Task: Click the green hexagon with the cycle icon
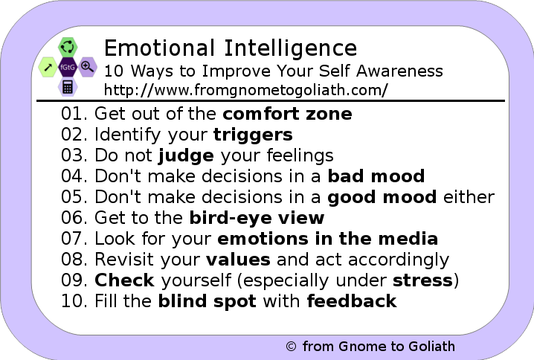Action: tap(68, 47)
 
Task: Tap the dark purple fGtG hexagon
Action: tap(68, 67)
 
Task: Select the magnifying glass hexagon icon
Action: tap(88, 67)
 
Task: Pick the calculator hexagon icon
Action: tap(68, 87)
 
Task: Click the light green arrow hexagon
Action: tap(48, 67)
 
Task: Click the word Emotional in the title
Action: tap(159, 48)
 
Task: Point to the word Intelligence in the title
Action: tap(291, 48)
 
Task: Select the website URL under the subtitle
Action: tap(246, 90)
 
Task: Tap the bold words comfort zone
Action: tap(287, 113)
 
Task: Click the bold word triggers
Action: tap(253, 135)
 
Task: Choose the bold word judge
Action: tap(186, 156)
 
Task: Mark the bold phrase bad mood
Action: tap(376, 176)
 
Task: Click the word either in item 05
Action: tap(469, 197)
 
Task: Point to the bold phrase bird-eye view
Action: tap(257, 218)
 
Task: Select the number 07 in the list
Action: tap(72, 239)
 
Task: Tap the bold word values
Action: tap(238, 260)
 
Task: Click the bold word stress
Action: tap(422, 280)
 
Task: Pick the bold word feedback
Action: tap(352, 301)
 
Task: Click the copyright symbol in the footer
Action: tap(291, 347)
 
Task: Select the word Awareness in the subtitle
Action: tap(399, 71)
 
